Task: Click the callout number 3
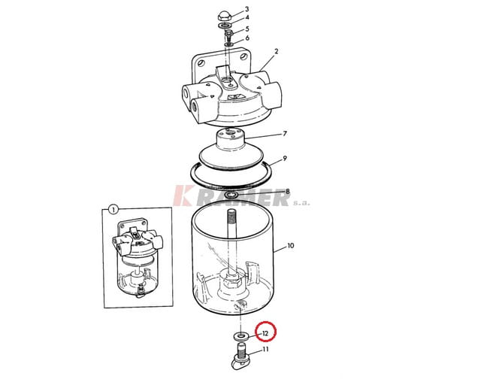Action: click(x=247, y=9)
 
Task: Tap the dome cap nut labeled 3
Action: click(x=225, y=16)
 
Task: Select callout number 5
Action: click(x=247, y=29)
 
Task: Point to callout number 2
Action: click(x=277, y=51)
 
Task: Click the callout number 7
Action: click(x=285, y=133)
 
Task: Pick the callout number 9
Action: click(x=285, y=159)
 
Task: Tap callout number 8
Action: click(x=287, y=192)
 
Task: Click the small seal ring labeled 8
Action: click(x=231, y=195)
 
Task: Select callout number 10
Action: click(x=290, y=246)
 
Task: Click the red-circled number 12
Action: click(x=265, y=334)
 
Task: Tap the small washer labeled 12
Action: click(x=240, y=335)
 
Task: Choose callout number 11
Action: click(x=265, y=350)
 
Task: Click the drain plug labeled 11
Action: click(x=240, y=358)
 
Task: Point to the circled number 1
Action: click(x=113, y=210)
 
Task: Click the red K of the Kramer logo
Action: click(x=183, y=196)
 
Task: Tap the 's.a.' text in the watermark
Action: click(x=301, y=203)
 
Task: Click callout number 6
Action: click(x=247, y=38)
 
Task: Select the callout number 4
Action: click(x=247, y=17)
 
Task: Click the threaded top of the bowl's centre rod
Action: click(x=231, y=217)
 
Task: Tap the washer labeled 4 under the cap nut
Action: click(x=225, y=26)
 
